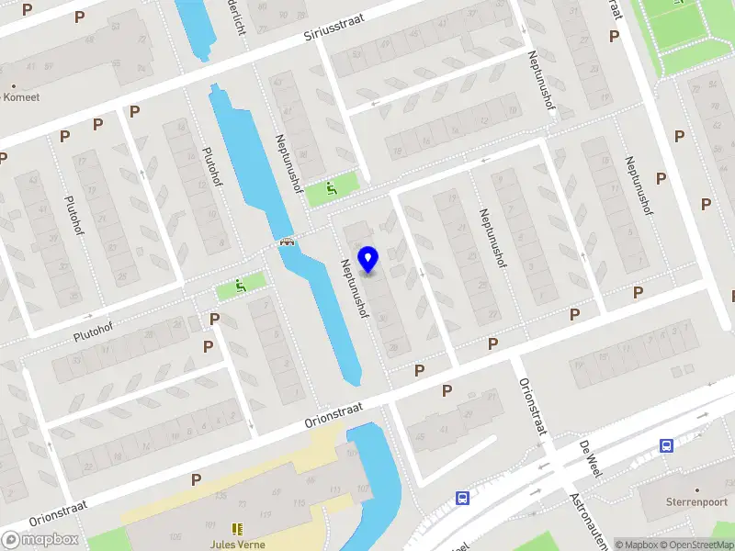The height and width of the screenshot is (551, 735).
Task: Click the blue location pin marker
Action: click(x=368, y=260)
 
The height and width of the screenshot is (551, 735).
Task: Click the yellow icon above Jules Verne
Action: click(x=237, y=530)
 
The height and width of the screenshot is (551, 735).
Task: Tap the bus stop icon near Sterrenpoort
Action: click(x=666, y=445)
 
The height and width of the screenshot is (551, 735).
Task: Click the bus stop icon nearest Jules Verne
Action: click(x=462, y=499)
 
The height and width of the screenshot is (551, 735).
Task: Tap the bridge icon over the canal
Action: click(x=288, y=242)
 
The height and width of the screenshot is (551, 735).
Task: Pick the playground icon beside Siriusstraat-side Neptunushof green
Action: click(x=331, y=190)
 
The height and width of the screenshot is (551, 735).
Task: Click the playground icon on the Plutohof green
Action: click(x=242, y=286)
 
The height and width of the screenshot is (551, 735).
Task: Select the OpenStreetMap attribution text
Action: click(x=695, y=545)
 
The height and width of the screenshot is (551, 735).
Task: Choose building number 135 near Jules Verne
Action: click(x=220, y=496)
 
